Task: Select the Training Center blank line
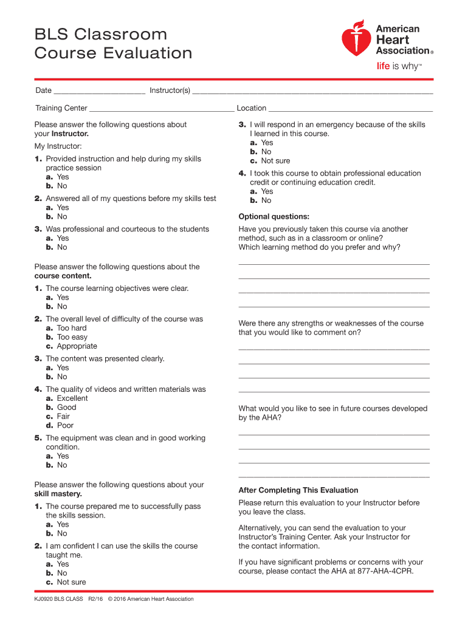pos(162,109)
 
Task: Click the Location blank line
pos(350,109)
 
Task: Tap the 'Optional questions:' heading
pos(274,216)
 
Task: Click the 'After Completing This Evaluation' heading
pos(298,490)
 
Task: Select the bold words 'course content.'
pos(63,276)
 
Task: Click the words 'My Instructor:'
pos(58,146)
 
